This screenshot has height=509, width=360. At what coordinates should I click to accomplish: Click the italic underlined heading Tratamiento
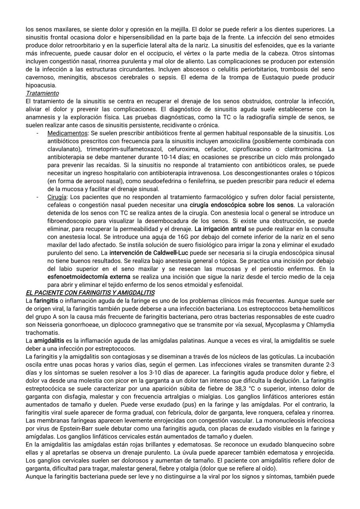[42, 93]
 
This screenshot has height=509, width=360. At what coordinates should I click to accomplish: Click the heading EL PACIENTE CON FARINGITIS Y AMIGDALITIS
[90, 293]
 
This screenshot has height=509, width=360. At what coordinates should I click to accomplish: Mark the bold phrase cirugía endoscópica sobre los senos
[242, 205]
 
